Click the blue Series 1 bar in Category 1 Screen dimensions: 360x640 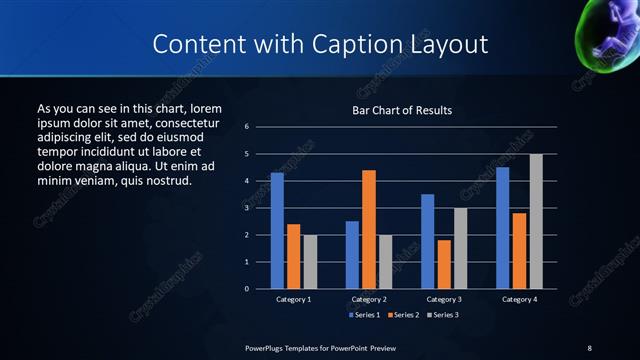coord(277,231)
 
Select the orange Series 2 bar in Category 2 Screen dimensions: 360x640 coord(369,229)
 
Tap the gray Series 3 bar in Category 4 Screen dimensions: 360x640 coord(536,221)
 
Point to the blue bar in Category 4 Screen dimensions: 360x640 coord(502,228)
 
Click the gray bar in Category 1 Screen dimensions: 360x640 coord(310,262)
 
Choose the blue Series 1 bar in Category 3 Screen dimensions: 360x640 coord(427,241)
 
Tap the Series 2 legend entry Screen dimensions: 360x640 coord(402,315)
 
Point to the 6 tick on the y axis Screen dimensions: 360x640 coord(246,127)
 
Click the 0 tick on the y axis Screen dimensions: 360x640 coord(246,289)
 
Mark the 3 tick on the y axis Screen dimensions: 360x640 coord(246,208)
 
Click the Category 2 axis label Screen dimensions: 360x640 coord(369,299)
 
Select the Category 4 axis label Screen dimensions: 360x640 coord(519,299)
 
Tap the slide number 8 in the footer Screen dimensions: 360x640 coord(589,347)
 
